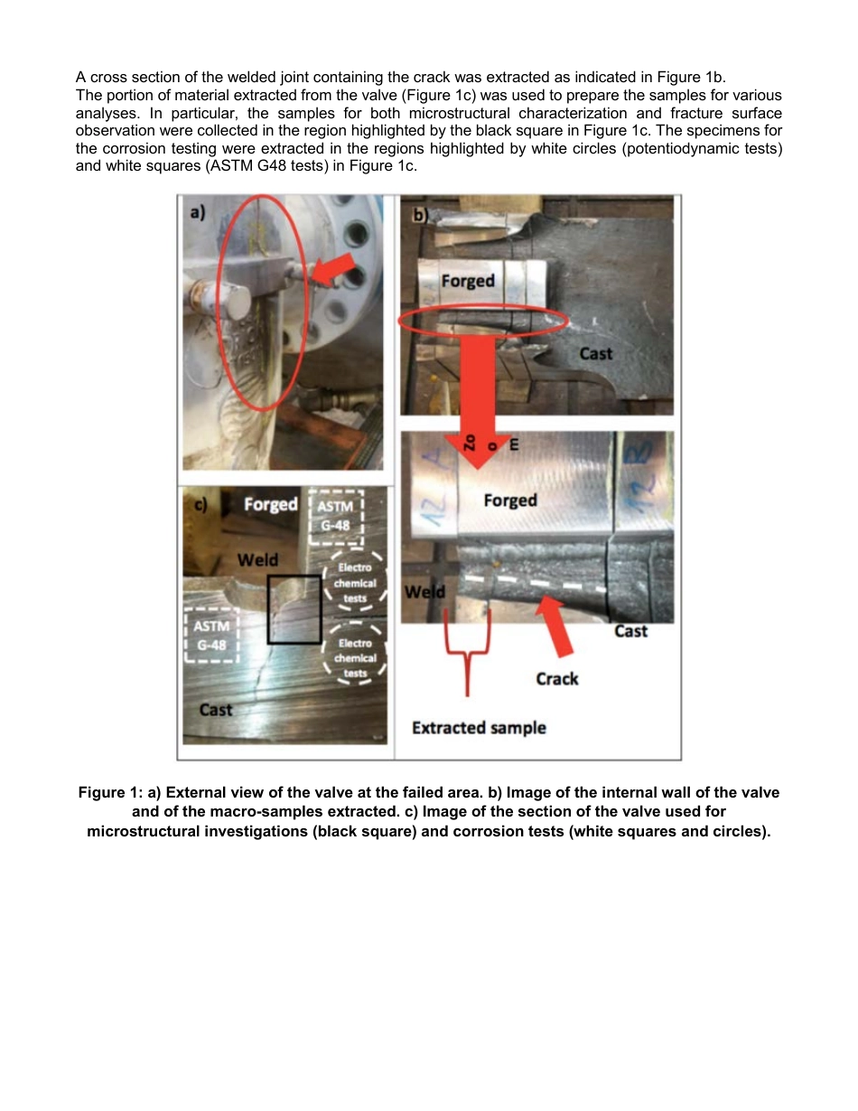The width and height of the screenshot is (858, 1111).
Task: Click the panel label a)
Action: click(197, 213)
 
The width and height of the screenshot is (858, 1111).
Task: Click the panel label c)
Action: click(201, 506)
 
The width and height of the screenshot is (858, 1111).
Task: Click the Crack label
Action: click(556, 677)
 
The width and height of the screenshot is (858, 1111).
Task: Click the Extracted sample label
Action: click(479, 727)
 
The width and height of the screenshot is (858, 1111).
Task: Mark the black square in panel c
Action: click(294, 609)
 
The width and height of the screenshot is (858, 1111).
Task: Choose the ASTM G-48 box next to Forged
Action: click(335, 518)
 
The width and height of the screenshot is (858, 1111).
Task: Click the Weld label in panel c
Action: click(257, 560)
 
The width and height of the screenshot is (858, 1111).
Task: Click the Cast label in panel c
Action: click(216, 710)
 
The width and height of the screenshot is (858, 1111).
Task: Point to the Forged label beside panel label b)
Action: click(468, 280)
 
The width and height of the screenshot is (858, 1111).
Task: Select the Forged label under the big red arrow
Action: click(510, 499)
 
